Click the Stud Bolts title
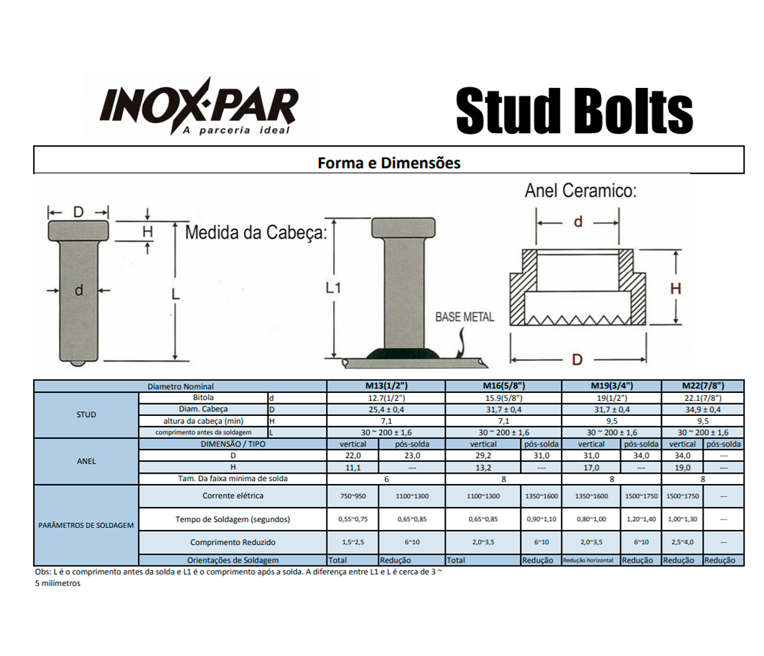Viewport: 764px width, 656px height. coord(574,111)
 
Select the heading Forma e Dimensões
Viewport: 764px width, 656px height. coord(388,163)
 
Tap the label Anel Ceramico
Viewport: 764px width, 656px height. coord(580,190)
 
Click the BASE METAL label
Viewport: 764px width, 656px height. coord(464,317)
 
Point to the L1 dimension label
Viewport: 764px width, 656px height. coord(334,288)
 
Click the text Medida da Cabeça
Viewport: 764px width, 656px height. coord(255,232)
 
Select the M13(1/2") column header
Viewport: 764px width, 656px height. coord(386,386)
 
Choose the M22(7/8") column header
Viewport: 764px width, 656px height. coord(703,386)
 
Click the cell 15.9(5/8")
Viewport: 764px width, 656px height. coord(504,398)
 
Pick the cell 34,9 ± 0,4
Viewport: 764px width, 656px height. coord(703,410)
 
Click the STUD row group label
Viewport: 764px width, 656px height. coord(86,415)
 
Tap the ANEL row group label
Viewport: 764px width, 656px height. coord(86,461)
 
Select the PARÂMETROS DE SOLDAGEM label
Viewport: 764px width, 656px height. coord(86,525)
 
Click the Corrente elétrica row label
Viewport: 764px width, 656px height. coord(232,496)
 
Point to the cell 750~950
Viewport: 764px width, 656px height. coord(353,496)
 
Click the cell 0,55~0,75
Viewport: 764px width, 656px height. coord(353,519)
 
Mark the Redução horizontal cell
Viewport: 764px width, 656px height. coord(588,560)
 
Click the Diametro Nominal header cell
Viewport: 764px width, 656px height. coord(180,387)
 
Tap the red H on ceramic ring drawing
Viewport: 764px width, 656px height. coord(676,289)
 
